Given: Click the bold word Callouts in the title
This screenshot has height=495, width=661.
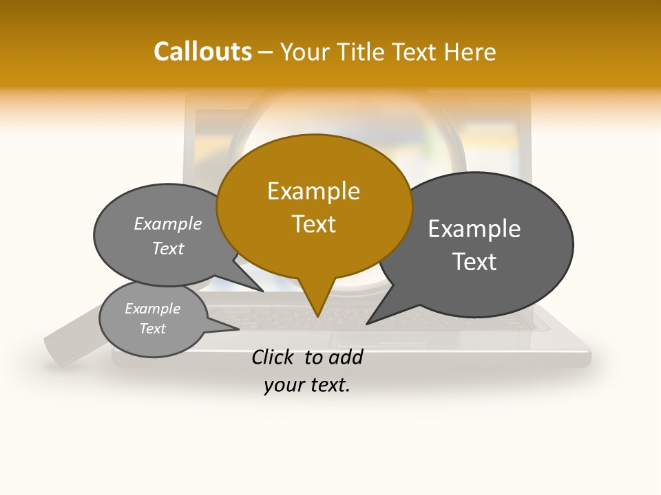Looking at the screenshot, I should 202,52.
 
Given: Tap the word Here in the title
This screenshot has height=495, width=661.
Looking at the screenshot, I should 470,52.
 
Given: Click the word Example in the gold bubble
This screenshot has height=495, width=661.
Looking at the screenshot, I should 313,191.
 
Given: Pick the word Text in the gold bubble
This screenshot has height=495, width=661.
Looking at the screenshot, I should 313,224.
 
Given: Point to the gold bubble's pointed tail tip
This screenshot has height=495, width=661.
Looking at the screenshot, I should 317,316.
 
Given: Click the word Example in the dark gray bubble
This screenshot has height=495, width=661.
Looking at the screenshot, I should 474,229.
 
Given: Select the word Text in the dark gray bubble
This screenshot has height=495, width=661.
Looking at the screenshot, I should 474,262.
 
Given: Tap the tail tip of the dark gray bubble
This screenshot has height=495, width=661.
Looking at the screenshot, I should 367,324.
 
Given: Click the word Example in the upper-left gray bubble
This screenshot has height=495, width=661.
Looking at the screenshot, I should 168,223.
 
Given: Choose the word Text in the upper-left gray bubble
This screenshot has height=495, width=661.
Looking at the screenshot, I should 168,249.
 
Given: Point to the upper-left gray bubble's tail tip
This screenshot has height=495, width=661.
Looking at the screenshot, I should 263,291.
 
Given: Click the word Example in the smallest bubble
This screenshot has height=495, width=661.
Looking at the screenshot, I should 152,309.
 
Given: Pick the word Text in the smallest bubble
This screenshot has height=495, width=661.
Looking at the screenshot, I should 152,329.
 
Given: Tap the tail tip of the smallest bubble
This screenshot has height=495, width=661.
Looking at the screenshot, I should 238,329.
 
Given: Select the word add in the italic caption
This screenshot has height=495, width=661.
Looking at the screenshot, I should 346,357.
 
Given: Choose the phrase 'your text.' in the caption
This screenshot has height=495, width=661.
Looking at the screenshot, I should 307,385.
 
